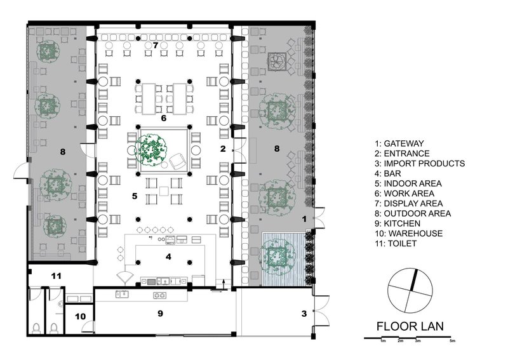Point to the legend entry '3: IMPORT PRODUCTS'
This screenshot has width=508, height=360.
pyautogui.click(x=420, y=163)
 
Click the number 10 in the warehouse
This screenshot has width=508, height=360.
pyautogui.click(x=81, y=316)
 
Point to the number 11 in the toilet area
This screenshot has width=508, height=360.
pyautogui.click(x=57, y=276)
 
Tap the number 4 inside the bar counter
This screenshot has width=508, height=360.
pyautogui.click(x=168, y=257)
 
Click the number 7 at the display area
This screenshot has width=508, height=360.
pyautogui.click(x=155, y=45)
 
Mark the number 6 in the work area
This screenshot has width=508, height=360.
pyautogui.click(x=163, y=118)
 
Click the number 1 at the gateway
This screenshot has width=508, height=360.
pyautogui.click(x=304, y=218)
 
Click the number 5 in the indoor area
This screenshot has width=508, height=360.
pyautogui.click(x=135, y=196)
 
